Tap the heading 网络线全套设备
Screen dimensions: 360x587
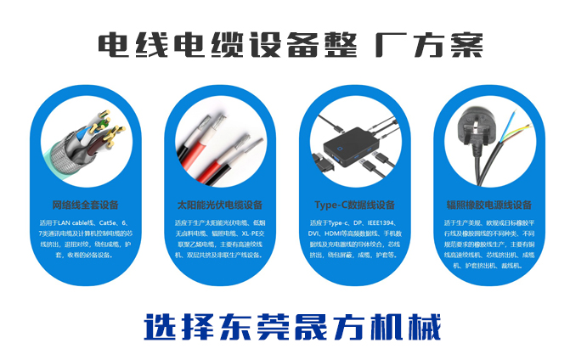pyautogui.click(x=86, y=205)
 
